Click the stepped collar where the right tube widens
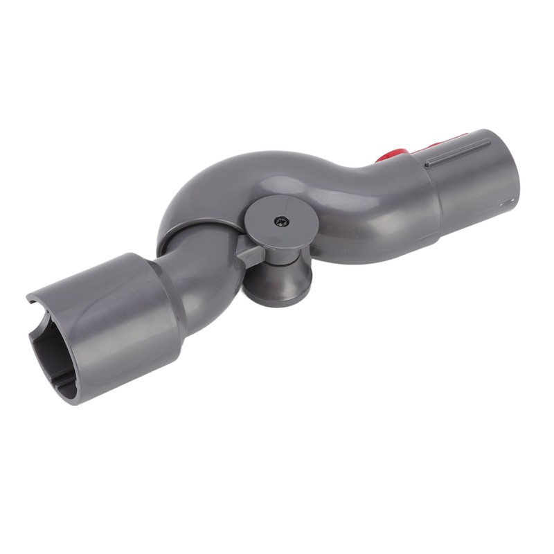coord(433,201)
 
